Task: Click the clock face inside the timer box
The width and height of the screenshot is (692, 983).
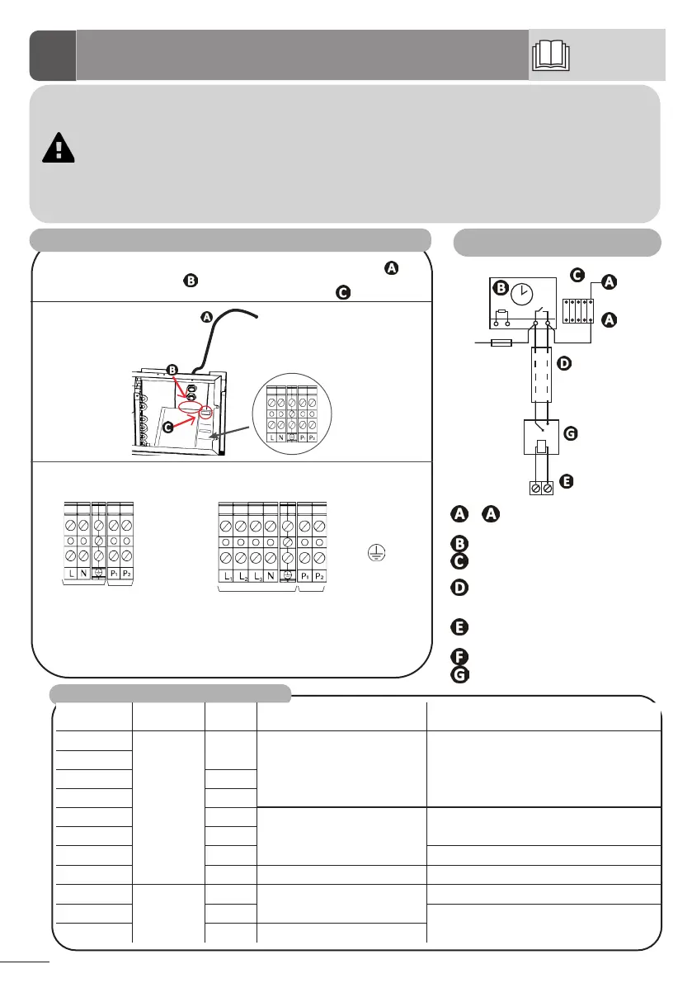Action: [521, 293]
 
